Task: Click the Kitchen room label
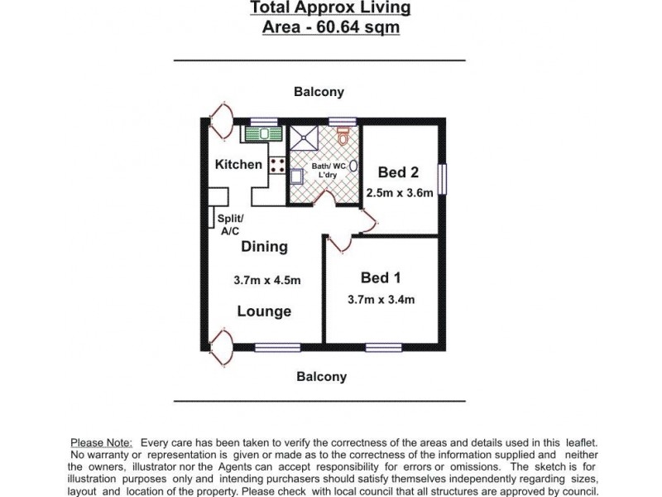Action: [x=238, y=165]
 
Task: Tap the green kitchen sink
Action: [x=262, y=133]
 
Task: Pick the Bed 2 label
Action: [x=398, y=172]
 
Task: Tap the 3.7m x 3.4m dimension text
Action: [x=381, y=299]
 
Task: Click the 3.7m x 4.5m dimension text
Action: [x=266, y=281]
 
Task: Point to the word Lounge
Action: [x=264, y=311]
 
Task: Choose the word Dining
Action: [x=264, y=246]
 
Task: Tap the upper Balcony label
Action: [x=319, y=92]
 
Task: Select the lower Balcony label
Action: [x=321, y=377]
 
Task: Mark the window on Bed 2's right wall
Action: [x=444, y=180]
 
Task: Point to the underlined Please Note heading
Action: [x=101, y=444]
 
